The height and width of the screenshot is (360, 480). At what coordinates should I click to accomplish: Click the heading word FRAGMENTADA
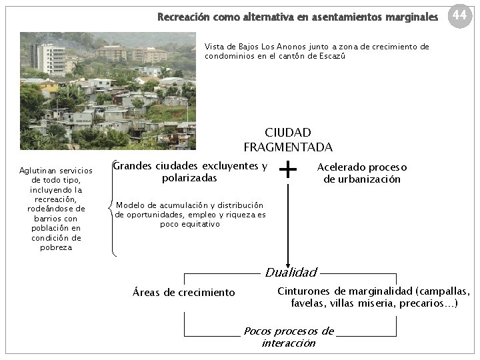(x=288, y=147)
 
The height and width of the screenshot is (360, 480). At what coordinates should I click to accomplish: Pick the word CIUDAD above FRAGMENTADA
(x=288, y=133)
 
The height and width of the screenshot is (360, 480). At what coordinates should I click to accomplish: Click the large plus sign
(x=288, y=171)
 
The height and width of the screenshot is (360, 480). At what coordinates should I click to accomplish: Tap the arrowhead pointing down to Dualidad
(x=288, y=264)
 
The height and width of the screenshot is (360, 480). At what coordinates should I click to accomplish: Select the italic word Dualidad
(x=291, y=272)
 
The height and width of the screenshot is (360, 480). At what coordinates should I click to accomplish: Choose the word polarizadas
(x=189, y=178)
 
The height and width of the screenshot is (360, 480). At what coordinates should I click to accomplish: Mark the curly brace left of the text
(x=112, y=209)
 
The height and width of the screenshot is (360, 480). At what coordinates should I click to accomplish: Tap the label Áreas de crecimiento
(x=184, y=292)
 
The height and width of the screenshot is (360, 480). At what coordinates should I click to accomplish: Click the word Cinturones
(x=303, y=291)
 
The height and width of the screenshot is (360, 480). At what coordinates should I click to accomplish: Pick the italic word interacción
(x=288, y=343)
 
